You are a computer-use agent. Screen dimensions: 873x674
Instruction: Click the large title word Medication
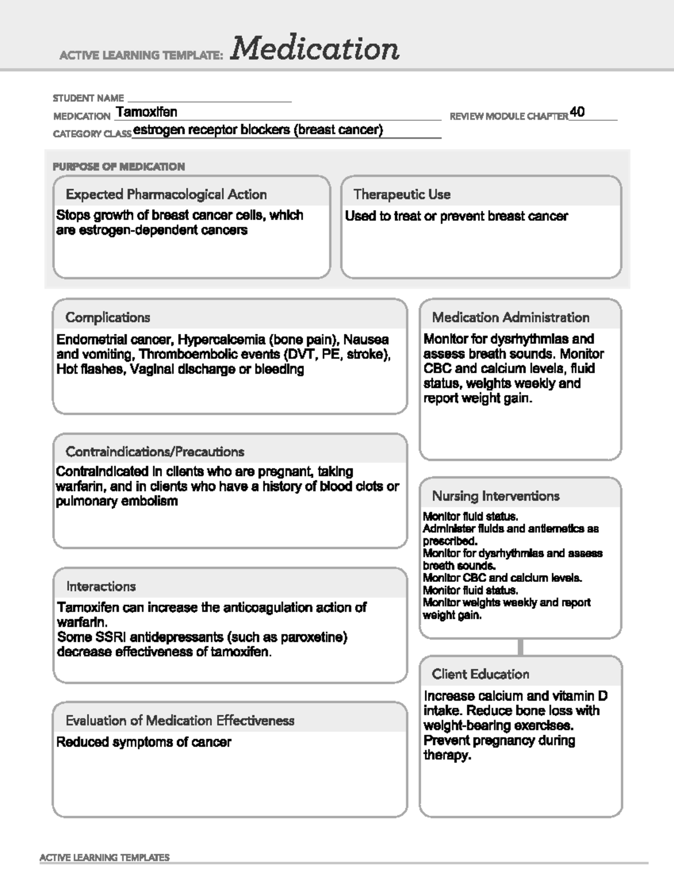(315, 49)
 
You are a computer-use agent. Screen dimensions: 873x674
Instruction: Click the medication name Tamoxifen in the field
(147, 112)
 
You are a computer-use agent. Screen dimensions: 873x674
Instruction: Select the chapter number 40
(577, 112)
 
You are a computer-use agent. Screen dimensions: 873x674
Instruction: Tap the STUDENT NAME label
(88, 98)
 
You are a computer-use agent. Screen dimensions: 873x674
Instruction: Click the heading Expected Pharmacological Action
(166, 194)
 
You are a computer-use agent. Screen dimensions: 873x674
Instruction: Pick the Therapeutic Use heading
(402, 194)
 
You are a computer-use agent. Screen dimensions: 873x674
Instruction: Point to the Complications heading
(108, 318)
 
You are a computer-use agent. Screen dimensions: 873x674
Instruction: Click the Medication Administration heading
(511, 318)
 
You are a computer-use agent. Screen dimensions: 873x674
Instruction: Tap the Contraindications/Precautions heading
(155, 452)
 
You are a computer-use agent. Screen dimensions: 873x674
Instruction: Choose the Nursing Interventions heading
(495, 496)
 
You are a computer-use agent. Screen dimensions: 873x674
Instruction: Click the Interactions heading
(101, 586)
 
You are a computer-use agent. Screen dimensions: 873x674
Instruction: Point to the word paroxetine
(312, 637)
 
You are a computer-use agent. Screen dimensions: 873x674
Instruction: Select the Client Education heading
(480, 675)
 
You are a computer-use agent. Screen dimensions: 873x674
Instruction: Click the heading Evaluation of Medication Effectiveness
(180, 721)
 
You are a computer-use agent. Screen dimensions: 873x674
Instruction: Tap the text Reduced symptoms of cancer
(144, 743)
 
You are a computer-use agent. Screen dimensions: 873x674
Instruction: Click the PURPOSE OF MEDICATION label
(119, 166)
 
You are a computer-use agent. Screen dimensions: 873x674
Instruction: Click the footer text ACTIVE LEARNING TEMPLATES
(104, 858)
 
